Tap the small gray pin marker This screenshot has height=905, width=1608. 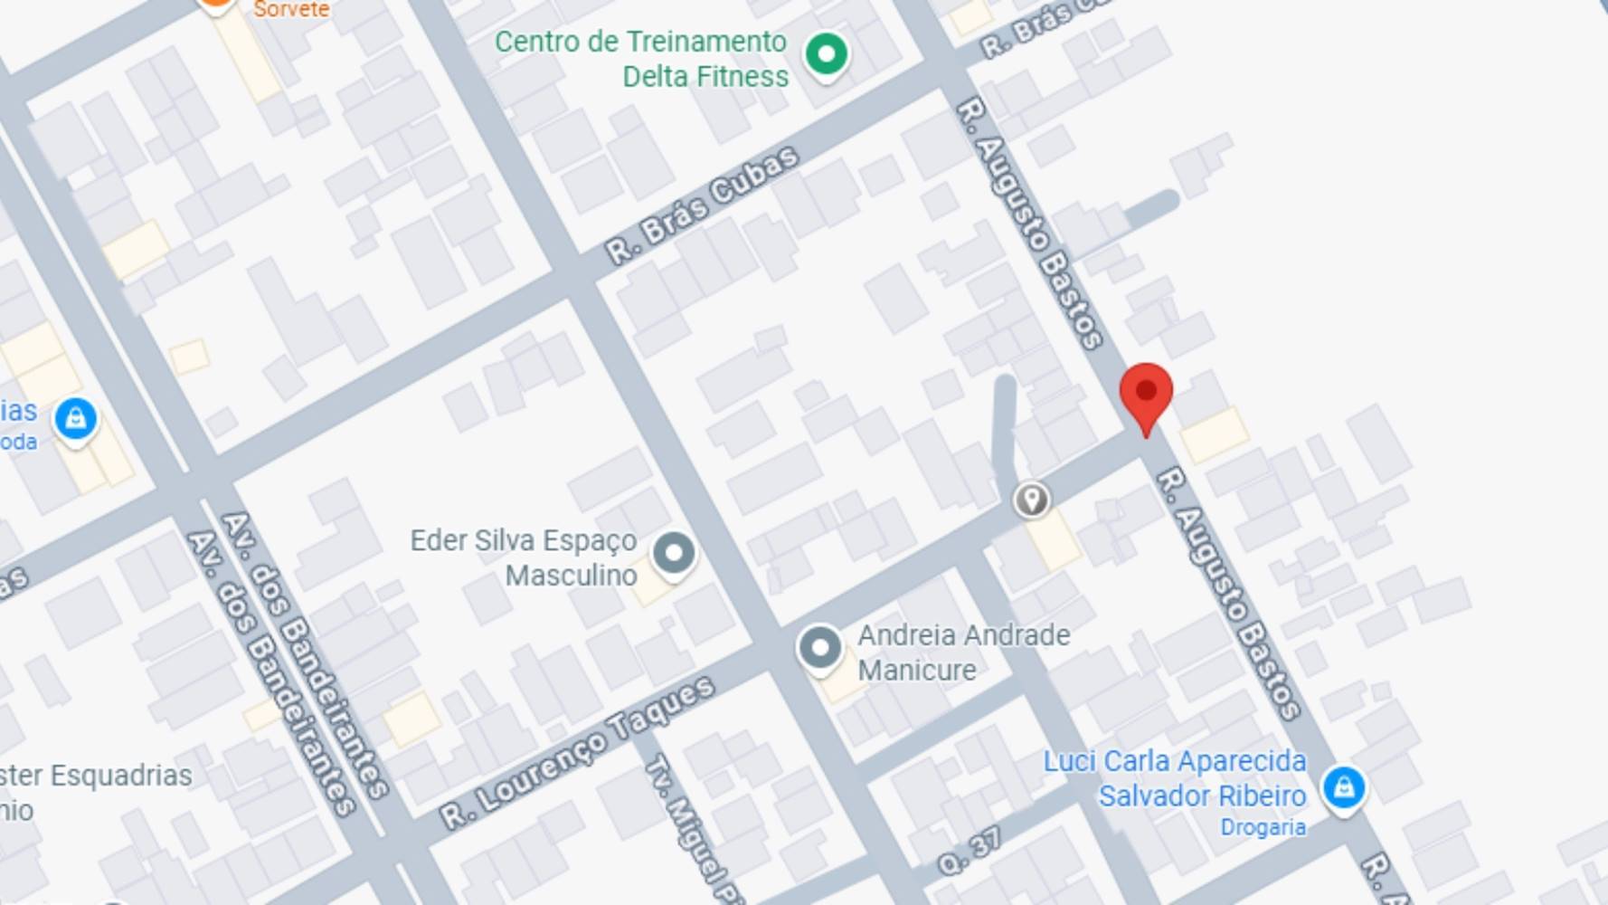1031,500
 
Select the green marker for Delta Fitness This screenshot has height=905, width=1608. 826,54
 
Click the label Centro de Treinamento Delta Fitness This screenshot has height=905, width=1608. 641,59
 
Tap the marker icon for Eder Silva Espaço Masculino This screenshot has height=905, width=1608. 674,552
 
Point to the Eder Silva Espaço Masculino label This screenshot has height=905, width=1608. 525,557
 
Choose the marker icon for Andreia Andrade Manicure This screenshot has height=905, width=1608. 820,648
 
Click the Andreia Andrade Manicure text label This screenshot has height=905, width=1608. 963,652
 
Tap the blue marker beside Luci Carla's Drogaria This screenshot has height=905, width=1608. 1343,787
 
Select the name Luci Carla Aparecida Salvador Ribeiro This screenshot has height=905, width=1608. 1175,778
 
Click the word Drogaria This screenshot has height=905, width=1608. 1263,827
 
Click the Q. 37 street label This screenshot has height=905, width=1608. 970,852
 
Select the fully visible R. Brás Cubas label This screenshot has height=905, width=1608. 703,205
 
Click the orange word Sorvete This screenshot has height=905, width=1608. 290,10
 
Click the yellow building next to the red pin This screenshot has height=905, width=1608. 1214,434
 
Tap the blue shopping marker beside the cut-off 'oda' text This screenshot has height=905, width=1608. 76,419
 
